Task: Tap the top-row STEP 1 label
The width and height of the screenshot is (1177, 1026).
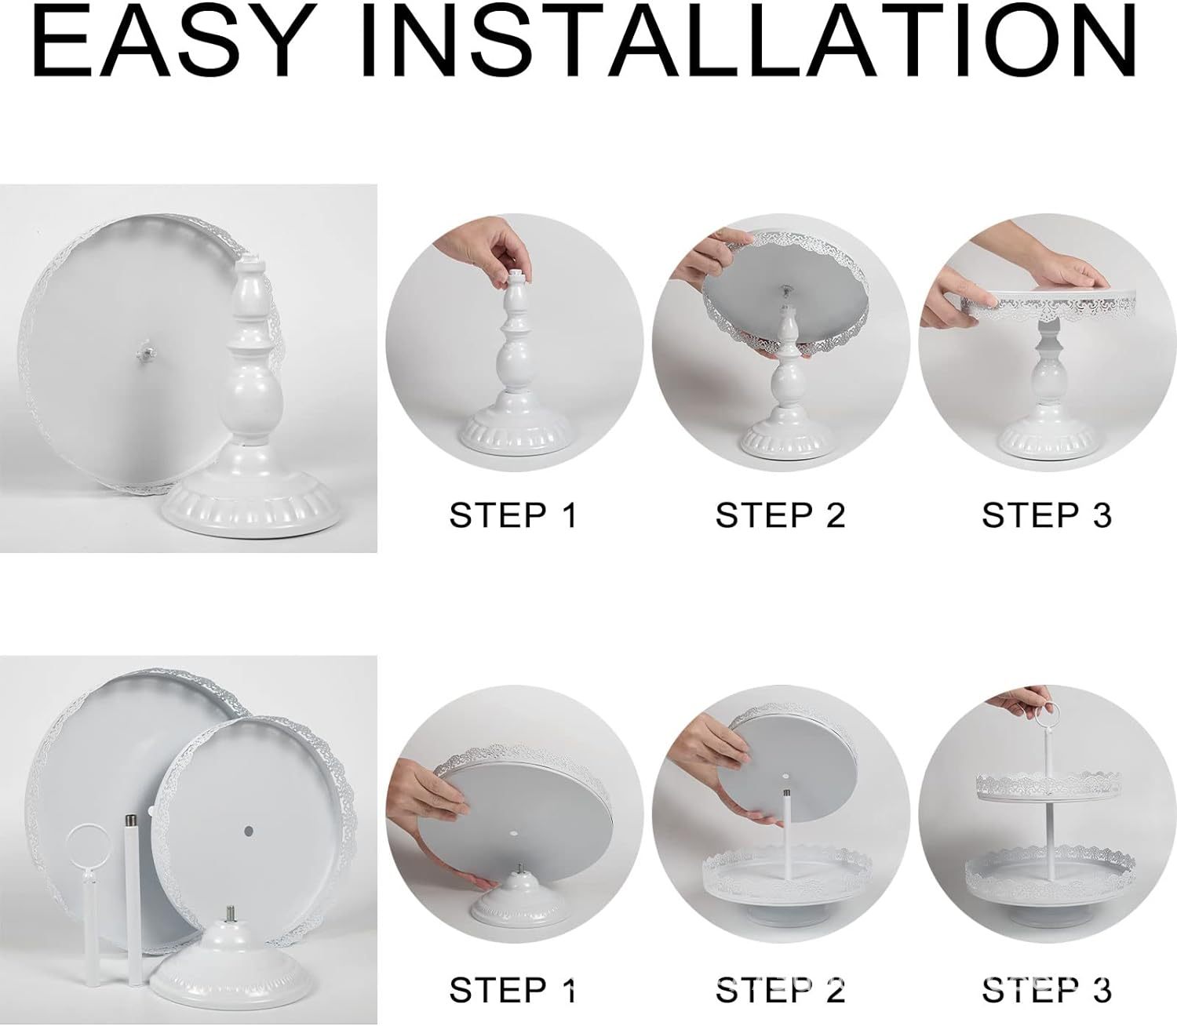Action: [512, 515]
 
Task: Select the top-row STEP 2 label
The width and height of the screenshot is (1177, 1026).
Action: [780, 515]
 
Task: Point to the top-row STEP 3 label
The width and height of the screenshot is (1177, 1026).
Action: [1047, 515]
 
